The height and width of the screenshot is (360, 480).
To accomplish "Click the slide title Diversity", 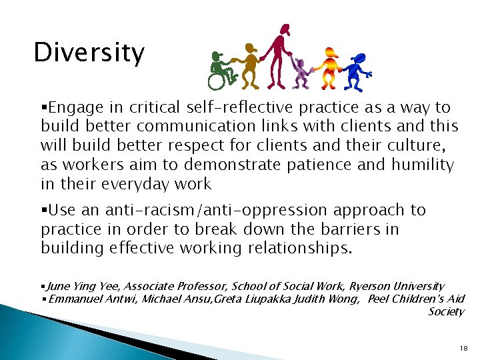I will [x=89, y=53].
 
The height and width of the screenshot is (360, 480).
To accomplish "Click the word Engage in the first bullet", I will [x=73, y=107].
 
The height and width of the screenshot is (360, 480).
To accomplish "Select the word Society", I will [x=446, y=312].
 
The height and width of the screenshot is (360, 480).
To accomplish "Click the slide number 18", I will [x=464, y=349].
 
